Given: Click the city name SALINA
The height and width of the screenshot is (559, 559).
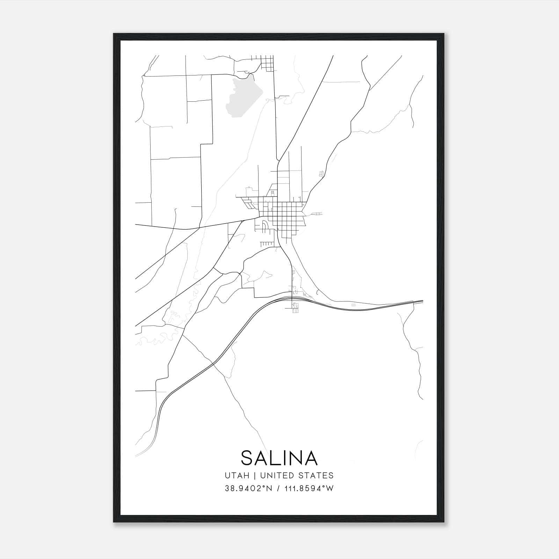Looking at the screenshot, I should (279, 458).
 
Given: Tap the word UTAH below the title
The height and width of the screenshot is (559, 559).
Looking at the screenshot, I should (237, 475).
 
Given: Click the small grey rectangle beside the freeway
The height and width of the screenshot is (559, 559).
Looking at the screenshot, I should (353, 305).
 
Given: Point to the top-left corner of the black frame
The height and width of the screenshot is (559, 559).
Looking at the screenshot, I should (114, 34).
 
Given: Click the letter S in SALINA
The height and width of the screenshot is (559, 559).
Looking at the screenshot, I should (247, 458).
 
